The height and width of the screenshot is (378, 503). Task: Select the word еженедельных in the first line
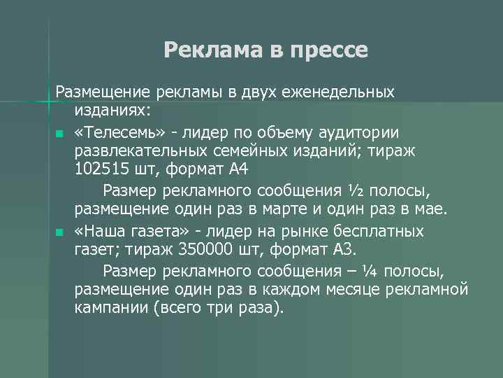coord(342,92)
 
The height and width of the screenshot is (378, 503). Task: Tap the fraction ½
coord(356,190)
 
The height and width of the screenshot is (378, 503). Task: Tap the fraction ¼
coord(370,270)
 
